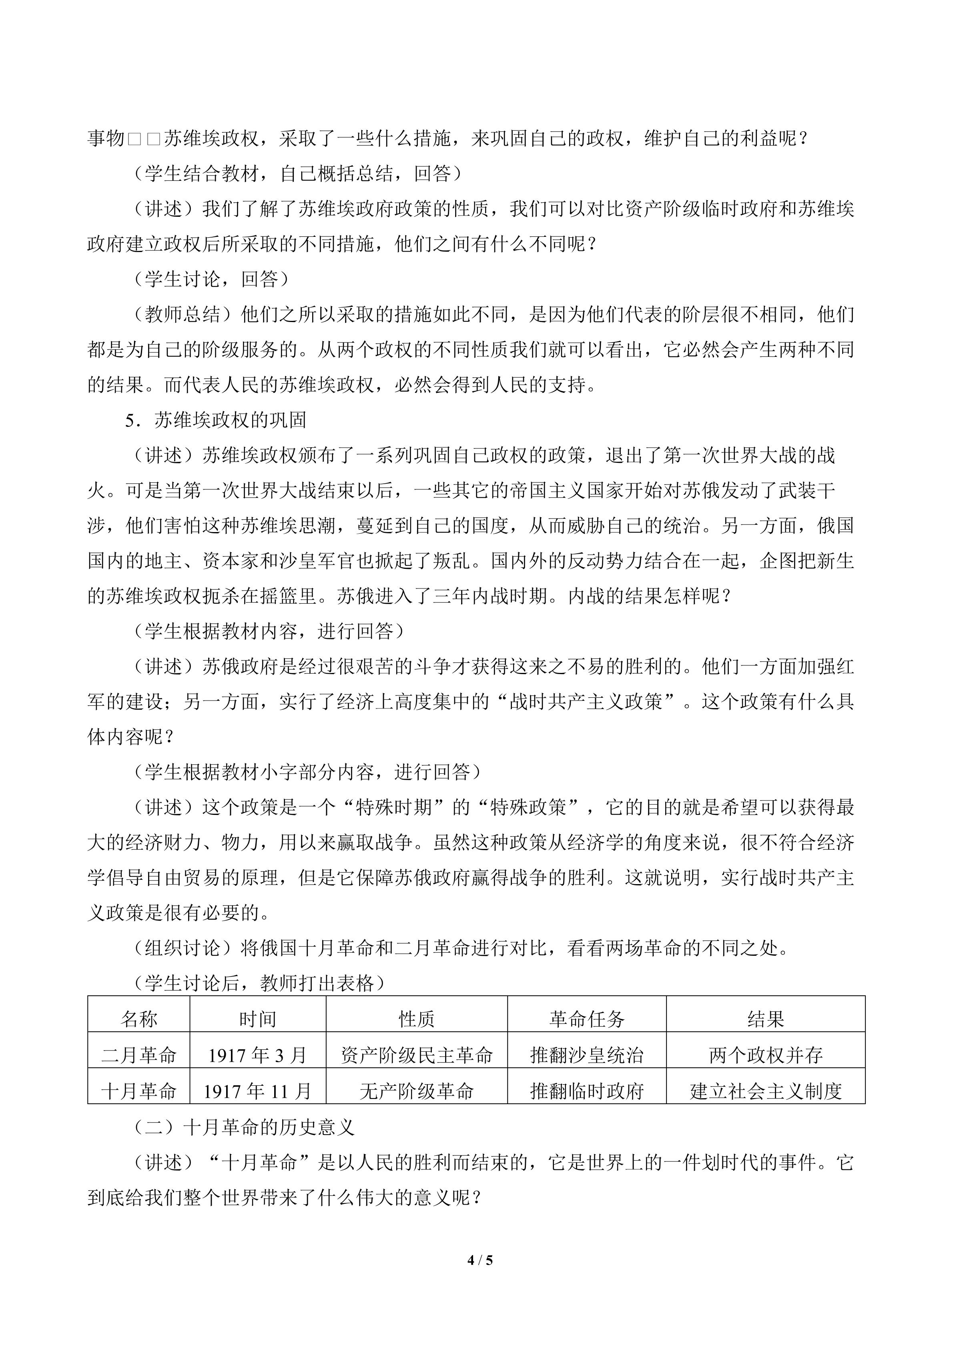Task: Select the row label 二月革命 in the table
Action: (139, 1055)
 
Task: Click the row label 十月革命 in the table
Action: (139, 1091)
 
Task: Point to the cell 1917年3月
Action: (258, 1055)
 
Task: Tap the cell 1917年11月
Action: (258, 1091)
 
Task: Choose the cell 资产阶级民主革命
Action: (417, 1055)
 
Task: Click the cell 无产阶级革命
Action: (417, 1091)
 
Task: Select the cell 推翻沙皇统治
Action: (587, 1055)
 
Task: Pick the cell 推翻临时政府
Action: (587, 1091)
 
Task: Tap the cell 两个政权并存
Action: (766, 1055)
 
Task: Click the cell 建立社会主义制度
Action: (766, 1091)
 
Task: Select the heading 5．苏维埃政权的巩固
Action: (216, 420)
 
